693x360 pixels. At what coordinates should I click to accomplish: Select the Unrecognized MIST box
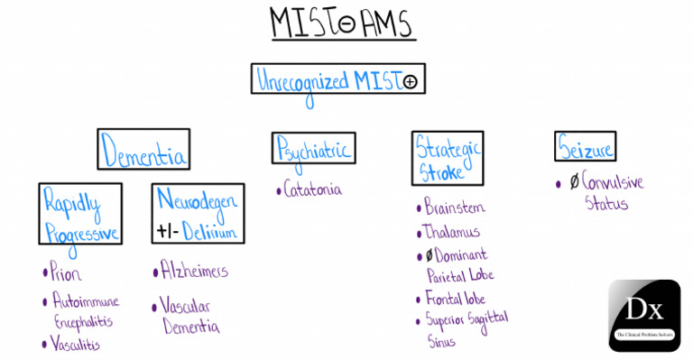tap(337, 80)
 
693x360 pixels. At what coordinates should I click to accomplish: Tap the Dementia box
tap(144, 150)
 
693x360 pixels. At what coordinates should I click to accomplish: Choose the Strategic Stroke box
tap(448, 157)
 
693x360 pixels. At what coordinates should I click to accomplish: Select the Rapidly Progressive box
tap(80, 214)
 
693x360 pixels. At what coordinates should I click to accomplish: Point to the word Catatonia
tap(312, 190)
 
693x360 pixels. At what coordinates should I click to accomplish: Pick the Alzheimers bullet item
tap(193, 271)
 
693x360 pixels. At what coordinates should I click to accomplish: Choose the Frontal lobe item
tap(457, 298)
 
